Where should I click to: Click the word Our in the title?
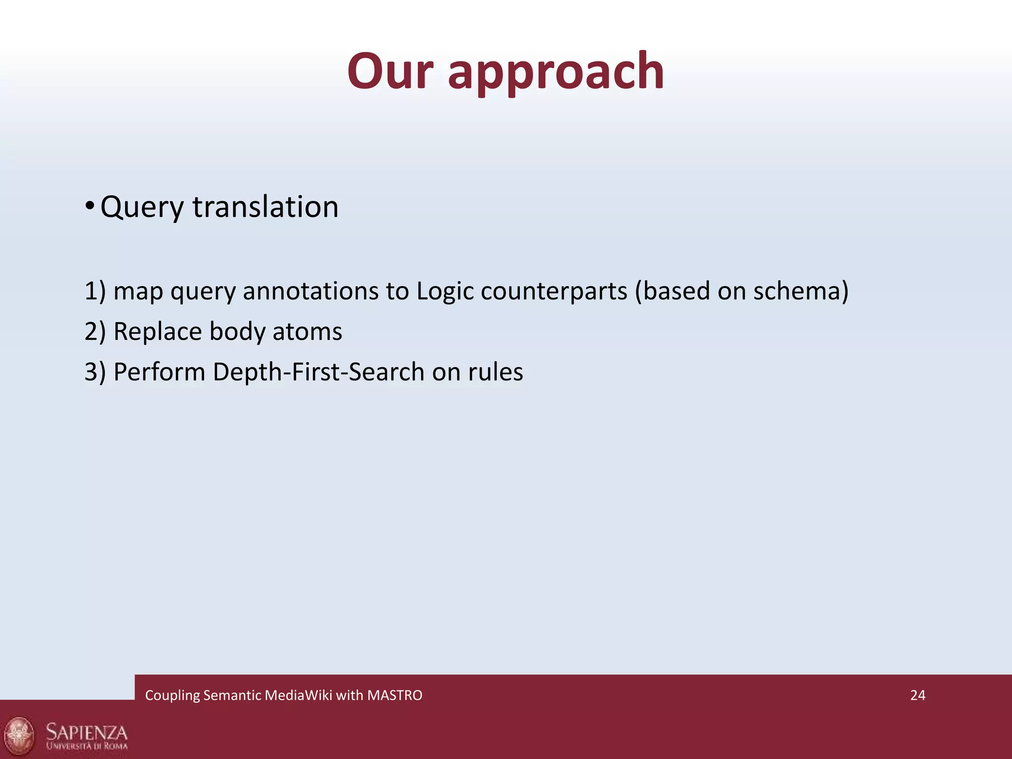pyautogui.click(x=390, y=72)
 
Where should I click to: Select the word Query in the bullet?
pyautogui.click(x=142, y=208)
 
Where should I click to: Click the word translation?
pyautogui.click(x=265, y=207)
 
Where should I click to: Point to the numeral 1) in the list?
pyautogui.click(x=95, y=291)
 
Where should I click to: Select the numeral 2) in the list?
pyautogui.click(x=95, y=331)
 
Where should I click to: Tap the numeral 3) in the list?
pyautogui.click(x=95, y=372)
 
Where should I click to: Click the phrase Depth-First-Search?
pyautogui.click(x=318, y=372)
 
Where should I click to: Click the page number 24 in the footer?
pyautogui.click(x=918, y=695)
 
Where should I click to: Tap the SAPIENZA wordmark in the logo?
pyautogui.click(x=86, y=731)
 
